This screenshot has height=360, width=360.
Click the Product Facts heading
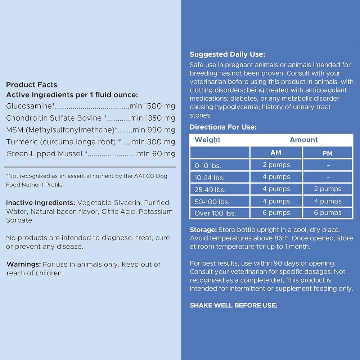32,85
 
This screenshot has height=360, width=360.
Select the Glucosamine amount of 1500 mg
159,106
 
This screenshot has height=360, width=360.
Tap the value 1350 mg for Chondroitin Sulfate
160,118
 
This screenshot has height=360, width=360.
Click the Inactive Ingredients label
41,203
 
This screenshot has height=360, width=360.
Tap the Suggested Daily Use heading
227,55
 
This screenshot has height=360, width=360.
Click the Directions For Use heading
223,127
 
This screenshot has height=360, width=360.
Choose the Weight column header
208,140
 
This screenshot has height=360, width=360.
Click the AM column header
276,153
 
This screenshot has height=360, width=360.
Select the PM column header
328,153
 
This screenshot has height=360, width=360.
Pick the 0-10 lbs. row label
208,166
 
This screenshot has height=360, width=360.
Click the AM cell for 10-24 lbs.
276,177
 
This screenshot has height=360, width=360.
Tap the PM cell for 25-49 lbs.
328,189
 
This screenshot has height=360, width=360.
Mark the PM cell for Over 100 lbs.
328,213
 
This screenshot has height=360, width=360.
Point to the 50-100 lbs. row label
212,201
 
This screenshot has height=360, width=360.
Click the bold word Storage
203,230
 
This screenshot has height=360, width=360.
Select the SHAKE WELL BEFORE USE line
234,305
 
